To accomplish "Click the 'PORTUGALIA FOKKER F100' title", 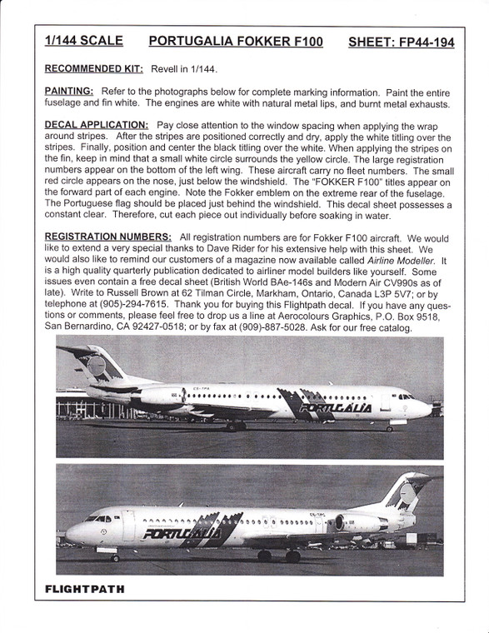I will pyautogui.click(x=236, y=42).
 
